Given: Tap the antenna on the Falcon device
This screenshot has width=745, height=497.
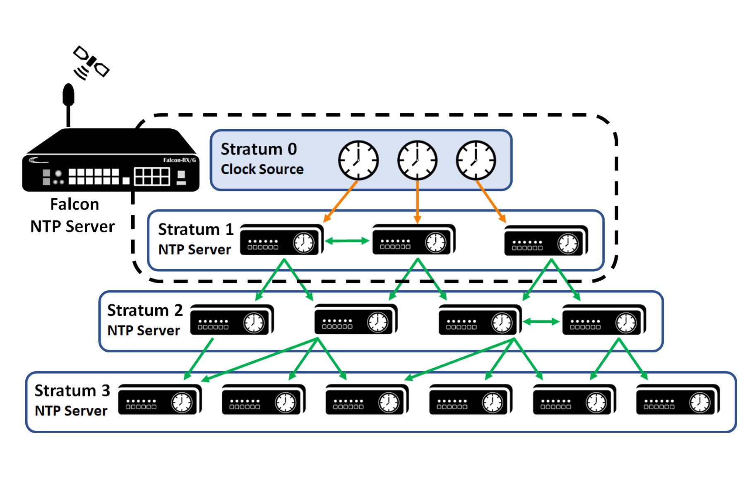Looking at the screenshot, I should tap(68, 104).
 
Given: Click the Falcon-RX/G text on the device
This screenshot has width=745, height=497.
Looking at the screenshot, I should tap(179, 160).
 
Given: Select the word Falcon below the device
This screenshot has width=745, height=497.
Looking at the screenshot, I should tap(74, 204).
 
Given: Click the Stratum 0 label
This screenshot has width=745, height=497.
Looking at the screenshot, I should tap(259, 149).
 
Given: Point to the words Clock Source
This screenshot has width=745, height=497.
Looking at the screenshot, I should tap(262, 169).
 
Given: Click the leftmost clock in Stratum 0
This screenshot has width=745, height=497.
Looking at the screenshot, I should tap(358, 160).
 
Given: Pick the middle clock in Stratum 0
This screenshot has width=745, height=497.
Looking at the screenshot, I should tap(417, 160).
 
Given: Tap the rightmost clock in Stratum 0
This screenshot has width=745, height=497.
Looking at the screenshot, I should tap(476, 160).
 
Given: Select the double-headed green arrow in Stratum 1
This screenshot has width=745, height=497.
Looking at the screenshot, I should tap(347, 241).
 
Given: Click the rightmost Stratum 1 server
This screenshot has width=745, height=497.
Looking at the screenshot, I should tap(546, 241).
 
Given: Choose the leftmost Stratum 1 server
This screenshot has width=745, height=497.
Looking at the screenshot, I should tap(281, 240).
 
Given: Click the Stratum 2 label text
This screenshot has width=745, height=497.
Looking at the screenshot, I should tap(145, 310).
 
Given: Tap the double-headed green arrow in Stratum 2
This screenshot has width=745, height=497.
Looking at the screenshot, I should tap(541, 322).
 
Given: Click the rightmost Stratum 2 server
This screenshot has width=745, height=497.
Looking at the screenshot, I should tap(603, 321).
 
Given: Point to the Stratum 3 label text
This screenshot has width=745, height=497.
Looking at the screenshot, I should tap(72, 391).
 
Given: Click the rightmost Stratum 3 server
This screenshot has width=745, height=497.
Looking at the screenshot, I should tap(678, 400).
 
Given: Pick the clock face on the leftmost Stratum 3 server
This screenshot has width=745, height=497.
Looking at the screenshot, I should tap(182, 402).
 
